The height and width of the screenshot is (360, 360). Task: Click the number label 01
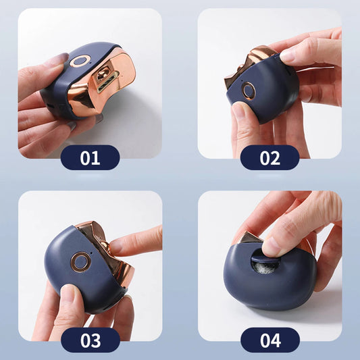click(90, 158)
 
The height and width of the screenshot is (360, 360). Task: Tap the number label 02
click(269, 158)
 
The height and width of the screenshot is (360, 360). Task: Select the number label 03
click(90, 340)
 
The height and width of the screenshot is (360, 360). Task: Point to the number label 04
click(269, 340)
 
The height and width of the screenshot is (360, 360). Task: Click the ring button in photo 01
click(79, 61)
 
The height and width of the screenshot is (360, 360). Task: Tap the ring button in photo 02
click(249, 89)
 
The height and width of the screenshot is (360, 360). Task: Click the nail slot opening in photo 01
click(105, 79)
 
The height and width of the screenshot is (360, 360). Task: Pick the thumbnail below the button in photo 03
click(68, 292)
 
